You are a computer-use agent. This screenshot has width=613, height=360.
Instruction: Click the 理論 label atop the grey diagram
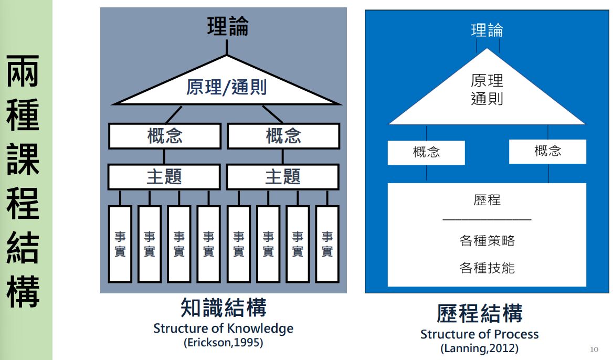(x=227, y=27)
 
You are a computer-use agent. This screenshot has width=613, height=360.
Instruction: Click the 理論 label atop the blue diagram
(x=487, y=30)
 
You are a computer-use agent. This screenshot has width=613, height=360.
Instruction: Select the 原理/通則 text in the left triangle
(x=226, y=87)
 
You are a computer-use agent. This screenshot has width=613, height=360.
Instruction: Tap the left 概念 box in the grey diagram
(x=165, y=136)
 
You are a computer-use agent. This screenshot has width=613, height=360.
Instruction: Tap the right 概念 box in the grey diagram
(x=283, y=136)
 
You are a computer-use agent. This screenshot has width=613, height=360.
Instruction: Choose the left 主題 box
(x=164, y=177)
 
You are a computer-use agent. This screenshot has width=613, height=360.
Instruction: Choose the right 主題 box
(x=283, y=177)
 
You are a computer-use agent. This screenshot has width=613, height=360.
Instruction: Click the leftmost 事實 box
(x=120, y=244)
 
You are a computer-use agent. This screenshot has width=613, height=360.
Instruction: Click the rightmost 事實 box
(x=327, y=244)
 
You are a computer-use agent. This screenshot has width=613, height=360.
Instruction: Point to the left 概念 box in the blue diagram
(x=426, y=153)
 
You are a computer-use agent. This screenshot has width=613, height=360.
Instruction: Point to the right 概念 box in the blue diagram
(x=547, y=152)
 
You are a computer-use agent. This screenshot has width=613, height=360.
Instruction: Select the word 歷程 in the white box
(x=487, y=200)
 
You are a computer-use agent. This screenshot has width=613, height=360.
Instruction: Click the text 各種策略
(x=487, y=241)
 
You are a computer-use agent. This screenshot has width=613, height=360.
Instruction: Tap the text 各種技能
(x=487, y=268)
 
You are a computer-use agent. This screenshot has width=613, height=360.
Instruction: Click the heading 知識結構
(x=223, y=308)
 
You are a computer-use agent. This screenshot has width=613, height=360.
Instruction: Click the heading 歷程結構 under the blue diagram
(x=479, y=314)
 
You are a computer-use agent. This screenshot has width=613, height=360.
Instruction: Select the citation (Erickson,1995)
(x=223, y=343)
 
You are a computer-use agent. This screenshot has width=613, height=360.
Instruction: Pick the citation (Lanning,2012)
(x=479, y=348)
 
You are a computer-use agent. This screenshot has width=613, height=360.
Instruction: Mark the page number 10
(x=594, y=349)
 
